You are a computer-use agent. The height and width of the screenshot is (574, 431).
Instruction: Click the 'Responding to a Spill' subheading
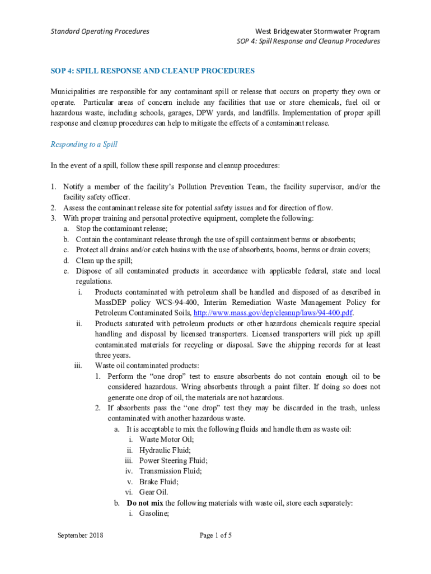point(84,145)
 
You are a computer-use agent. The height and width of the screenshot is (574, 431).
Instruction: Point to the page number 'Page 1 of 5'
point(215,535)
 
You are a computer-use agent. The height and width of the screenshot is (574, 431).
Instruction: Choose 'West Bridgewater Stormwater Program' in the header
point(317,31)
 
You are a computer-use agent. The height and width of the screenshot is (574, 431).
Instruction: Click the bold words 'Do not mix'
point(145,503)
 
